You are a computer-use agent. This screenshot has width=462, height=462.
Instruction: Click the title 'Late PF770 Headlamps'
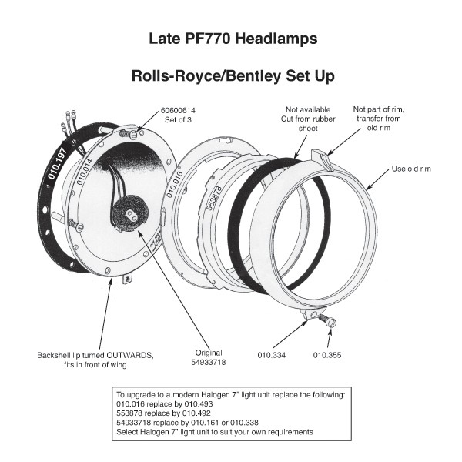point(232,37)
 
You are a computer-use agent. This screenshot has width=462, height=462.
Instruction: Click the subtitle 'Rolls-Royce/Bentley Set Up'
point(232,77)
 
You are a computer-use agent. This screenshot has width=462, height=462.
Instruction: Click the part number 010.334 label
point(271,355)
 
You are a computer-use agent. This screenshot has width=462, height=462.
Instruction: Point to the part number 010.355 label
point(327,355)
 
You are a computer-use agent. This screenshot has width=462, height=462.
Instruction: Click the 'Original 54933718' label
point(206,355)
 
